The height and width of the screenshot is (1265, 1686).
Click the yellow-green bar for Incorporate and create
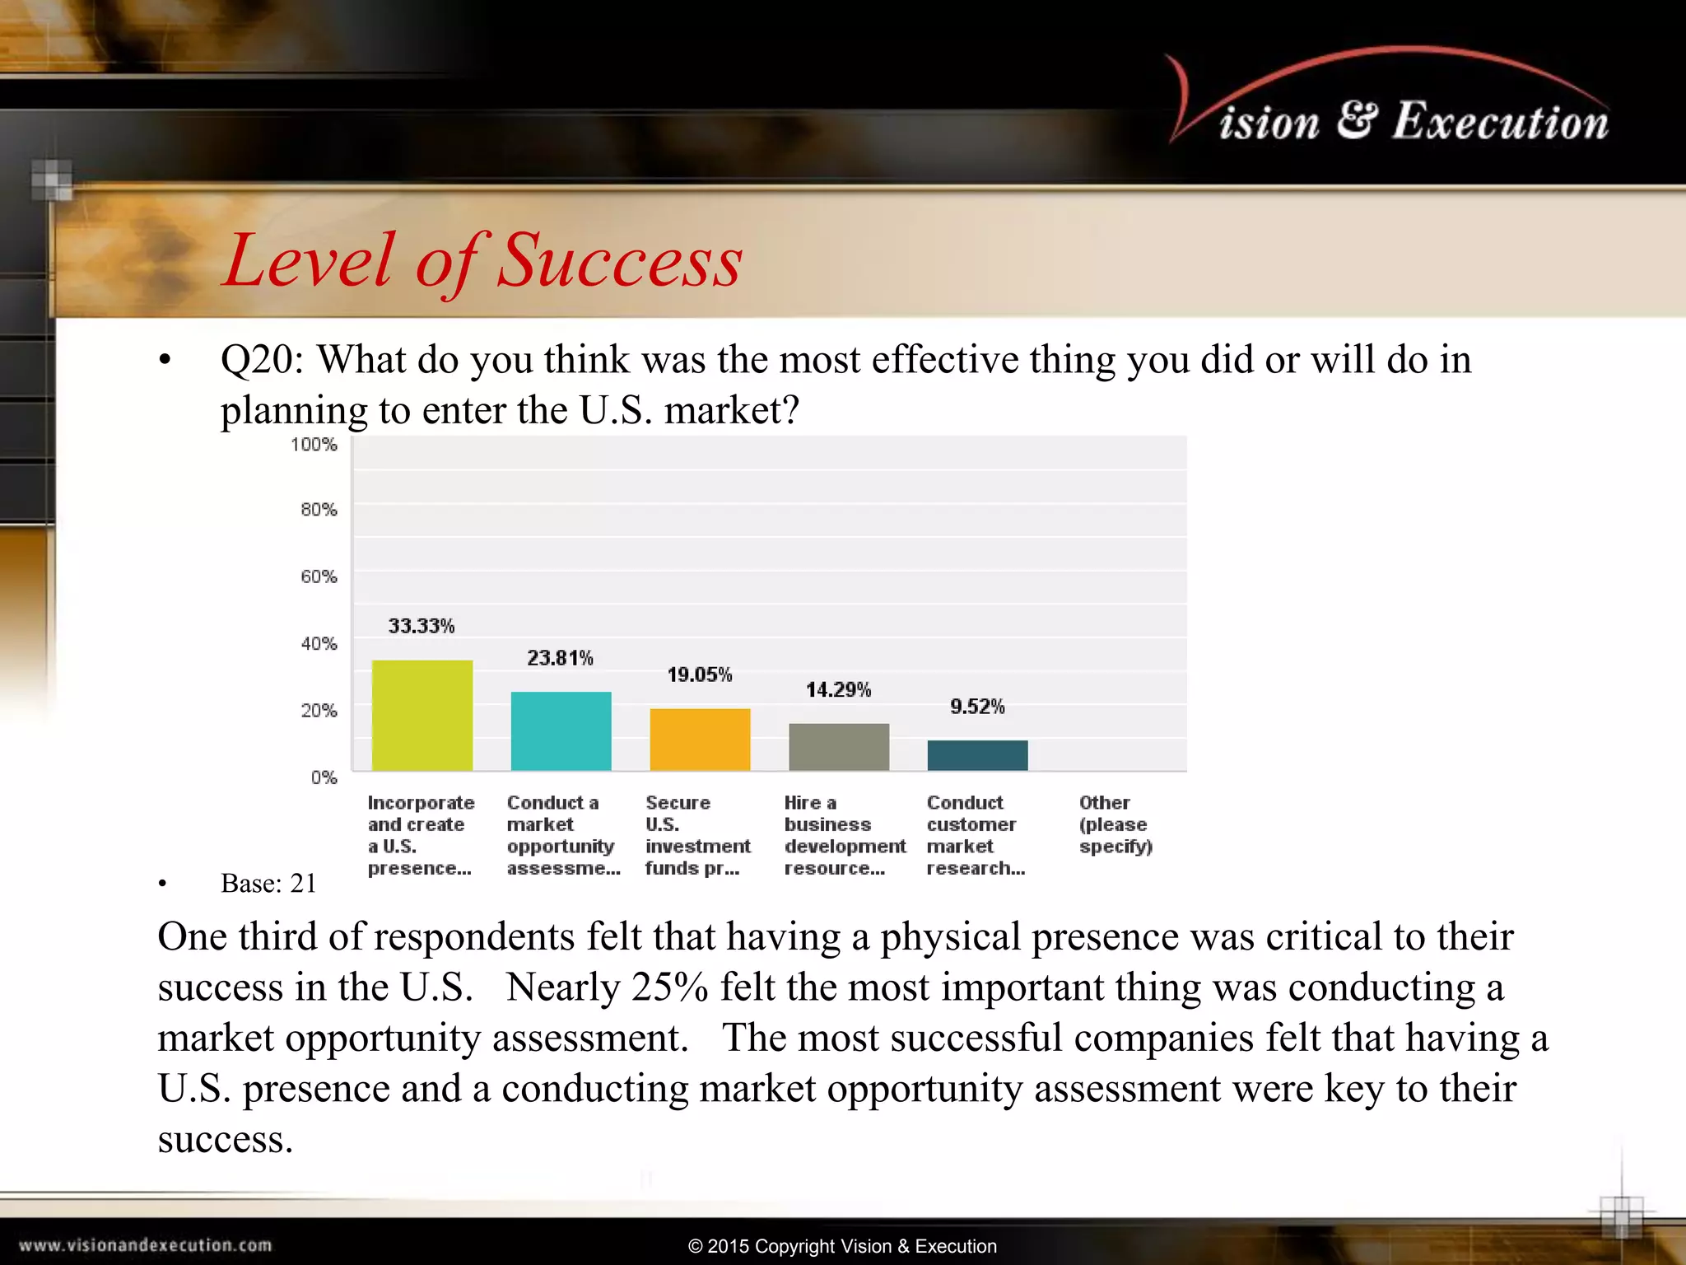pos(421,715)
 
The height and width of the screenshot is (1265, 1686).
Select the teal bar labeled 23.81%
pos(561,731)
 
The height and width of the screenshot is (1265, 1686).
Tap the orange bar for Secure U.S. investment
pos(700,739)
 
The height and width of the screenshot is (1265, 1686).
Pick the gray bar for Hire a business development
pos(838,746)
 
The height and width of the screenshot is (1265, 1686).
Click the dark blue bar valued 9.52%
pos(977,754)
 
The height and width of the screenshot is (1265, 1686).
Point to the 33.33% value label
pos(421,626)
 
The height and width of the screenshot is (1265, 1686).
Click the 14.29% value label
pos(838,689)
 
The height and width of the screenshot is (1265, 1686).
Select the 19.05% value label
pos(699,675)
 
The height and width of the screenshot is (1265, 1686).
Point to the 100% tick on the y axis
pos(314,445)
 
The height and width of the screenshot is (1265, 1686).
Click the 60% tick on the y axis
pos(319,576)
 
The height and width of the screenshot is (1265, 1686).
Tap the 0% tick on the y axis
pos(324,777)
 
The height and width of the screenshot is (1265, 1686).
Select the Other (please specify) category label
pos(1115,824)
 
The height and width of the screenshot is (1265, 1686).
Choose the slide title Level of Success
pos(483,260)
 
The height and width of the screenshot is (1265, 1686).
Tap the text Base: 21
pos(268,884)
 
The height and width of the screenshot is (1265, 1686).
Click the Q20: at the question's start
pos(262,360)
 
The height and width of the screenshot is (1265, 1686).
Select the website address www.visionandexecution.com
pos(145,1245)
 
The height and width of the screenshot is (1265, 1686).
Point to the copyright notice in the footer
pos(842,1246)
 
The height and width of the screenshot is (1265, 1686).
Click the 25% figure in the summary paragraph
pos(669,987)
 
